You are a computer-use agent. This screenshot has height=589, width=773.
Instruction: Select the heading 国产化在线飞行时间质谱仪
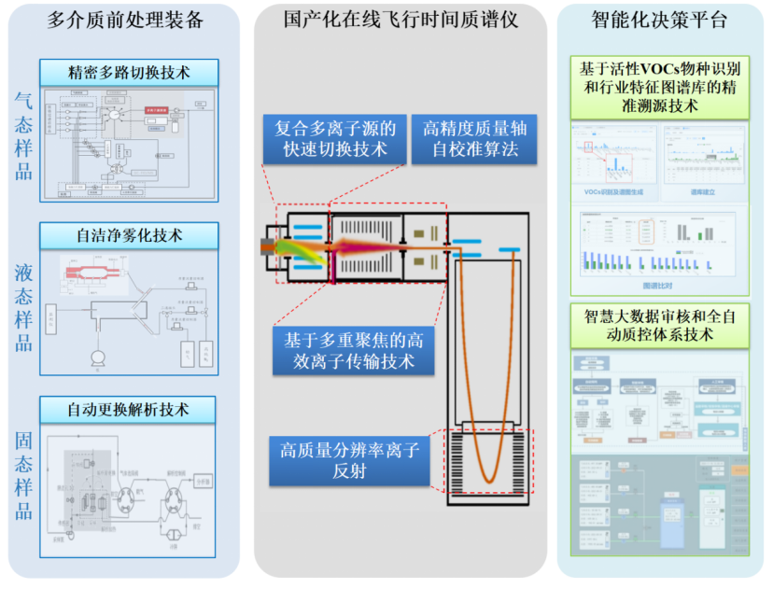point(401,20)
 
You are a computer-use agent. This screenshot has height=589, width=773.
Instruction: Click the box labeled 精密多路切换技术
point(129,73)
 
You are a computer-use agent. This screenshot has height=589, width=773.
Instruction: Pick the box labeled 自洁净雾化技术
point(129,235)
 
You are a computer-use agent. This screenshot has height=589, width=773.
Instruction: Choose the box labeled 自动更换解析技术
point(128,409)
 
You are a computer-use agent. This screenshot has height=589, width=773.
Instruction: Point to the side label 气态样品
point(23,135)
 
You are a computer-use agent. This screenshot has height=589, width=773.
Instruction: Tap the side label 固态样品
point(23,476)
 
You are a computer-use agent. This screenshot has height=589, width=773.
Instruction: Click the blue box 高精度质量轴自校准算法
point(470,139)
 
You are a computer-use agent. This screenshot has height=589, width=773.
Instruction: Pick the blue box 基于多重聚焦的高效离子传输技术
point(354,350)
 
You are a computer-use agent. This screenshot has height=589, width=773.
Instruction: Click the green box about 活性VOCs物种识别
point(660,87)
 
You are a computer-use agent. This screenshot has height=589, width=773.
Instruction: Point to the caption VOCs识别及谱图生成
point(611,191)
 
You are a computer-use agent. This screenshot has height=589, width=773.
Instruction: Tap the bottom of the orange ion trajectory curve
point(489,480)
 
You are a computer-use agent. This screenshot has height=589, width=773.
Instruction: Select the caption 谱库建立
point(705,191)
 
